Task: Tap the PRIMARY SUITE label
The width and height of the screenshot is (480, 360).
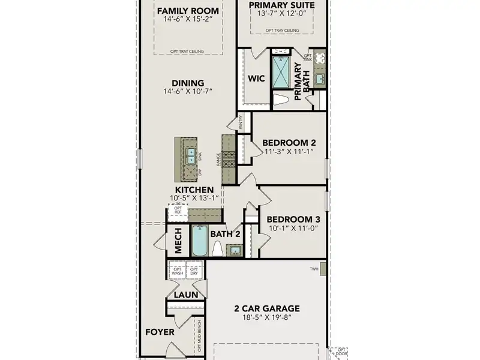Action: (x=281, y=5)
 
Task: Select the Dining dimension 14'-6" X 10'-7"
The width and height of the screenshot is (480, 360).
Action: (x=188, y=91)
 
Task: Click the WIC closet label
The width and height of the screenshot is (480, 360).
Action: (x=256, y=79)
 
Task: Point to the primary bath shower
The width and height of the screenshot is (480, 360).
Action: (x=280, y=71)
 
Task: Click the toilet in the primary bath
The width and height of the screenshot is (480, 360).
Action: (x=280, y=100)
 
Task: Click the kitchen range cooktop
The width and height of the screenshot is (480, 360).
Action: (x=229, y=159)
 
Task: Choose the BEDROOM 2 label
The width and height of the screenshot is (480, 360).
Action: (x=289, y=142)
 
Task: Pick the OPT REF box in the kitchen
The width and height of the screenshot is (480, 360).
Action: (x=178, y=211)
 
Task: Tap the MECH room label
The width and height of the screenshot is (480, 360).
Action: (x=178, y=240)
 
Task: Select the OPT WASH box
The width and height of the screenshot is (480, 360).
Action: (x=177, y=271)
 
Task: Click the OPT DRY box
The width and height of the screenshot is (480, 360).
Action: (x=194, y=271)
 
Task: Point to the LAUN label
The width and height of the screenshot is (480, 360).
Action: (x=186, y=295)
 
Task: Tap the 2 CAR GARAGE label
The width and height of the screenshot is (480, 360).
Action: (x=267, y=309)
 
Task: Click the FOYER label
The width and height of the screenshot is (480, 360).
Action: (x=160, y=331)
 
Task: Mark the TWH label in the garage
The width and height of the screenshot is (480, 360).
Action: (x=314, y=269)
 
